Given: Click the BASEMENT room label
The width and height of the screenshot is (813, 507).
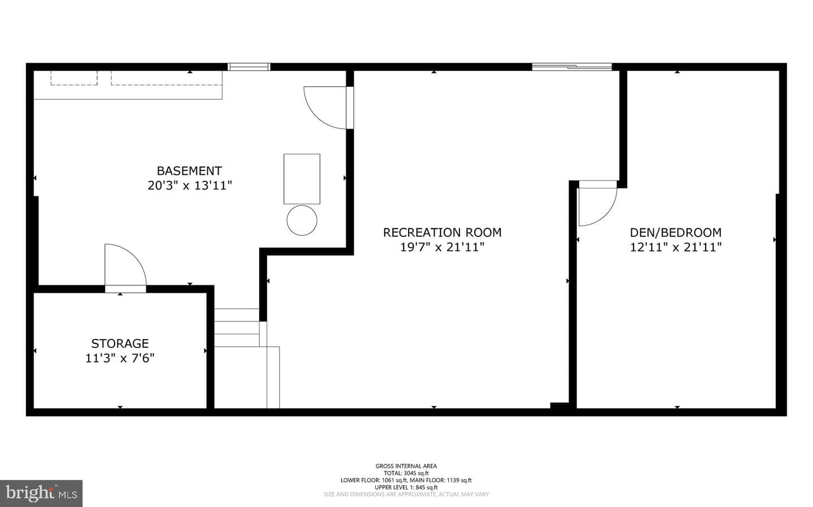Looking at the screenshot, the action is point(189,170).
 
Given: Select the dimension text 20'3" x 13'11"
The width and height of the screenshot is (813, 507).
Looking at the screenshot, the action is point(190,186).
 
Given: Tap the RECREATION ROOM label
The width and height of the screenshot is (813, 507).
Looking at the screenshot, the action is point(442,232).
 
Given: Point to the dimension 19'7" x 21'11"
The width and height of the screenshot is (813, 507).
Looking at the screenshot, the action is point(442,248).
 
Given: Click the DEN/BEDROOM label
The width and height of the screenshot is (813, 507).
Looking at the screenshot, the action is point(675,232).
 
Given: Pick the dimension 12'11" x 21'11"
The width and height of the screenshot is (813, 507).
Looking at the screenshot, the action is point(675,248).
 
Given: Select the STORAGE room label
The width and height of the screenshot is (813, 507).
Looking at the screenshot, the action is point(120,343).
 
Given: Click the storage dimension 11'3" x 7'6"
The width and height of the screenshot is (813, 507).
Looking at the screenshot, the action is point(120,358).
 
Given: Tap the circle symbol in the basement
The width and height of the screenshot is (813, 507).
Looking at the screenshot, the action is point(301,220).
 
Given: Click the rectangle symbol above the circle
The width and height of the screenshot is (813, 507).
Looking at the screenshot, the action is point(301,179).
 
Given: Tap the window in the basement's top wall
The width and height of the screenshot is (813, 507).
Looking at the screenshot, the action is point(249,67).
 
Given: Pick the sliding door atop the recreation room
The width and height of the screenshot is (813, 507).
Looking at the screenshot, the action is point(572,67).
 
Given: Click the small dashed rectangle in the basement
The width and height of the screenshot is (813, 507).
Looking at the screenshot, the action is point(74,78).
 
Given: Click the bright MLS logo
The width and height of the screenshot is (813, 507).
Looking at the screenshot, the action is point(41,493).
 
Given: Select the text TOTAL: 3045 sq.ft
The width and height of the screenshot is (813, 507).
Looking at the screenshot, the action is point(406,473).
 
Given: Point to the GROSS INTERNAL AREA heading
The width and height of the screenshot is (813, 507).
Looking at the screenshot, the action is point(406,466).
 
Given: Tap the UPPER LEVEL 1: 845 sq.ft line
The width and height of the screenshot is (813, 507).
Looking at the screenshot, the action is point(406,487).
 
